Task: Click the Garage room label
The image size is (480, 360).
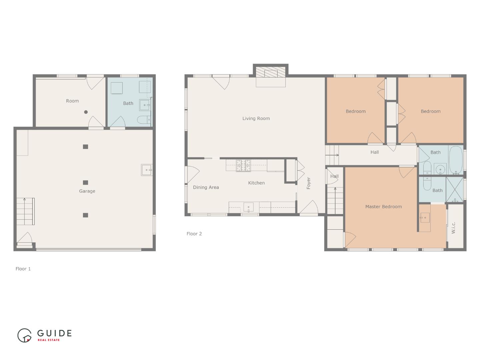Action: coord(87,191)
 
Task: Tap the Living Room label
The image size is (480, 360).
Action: coord(256,118)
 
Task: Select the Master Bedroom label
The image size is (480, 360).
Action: coord(383,207)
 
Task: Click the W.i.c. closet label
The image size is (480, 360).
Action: coord(453,228)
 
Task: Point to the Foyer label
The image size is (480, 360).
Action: coord(308,183)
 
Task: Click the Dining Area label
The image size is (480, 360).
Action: coord(206,187)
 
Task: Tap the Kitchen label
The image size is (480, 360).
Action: coord(256,183)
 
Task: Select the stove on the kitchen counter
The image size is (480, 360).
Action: coord(243,166)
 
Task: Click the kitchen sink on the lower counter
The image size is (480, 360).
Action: coord(248,207)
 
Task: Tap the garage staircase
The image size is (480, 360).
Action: coord(26,211)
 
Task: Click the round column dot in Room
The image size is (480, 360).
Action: coord(86,112)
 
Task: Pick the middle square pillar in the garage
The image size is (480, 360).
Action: coord(85,183)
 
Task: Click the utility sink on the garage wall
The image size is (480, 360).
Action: coord(147,170)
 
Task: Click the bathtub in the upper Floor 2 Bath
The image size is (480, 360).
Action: coord(455,160)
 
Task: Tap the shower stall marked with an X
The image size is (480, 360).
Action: coord(455,189)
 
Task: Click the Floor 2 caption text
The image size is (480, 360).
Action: coord(194,234)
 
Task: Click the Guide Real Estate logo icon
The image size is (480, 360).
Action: coord(25,335)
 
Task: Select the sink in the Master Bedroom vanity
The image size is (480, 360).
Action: coord(425,218)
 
